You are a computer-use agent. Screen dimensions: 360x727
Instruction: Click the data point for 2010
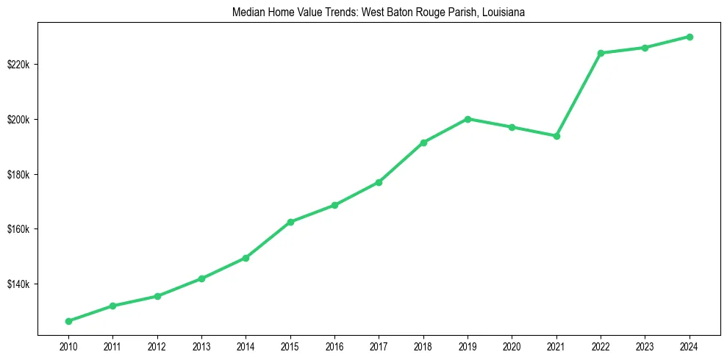(68, 321)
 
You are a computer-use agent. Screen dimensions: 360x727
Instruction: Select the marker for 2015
(290, 222)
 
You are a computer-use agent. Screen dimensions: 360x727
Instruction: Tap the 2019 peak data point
(468, 119)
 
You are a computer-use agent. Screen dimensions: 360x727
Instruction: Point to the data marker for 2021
(557, 136)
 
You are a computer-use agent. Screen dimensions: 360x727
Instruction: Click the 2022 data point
(601, 53)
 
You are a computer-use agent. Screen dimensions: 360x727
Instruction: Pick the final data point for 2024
(690, 37)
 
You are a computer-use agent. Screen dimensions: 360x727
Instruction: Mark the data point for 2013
(201, 278)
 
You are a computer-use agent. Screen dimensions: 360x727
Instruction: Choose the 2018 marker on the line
(424, 143)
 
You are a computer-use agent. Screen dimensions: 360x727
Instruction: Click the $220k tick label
(18, 65)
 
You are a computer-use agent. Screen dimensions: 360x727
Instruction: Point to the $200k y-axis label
(18, 120)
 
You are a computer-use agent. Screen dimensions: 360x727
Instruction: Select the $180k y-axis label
(18, 175)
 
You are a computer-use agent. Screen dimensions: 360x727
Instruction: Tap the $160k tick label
(18, 229)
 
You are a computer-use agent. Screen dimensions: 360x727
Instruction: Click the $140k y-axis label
(18, 284)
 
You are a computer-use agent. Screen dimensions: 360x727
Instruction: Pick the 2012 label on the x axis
(157, 345)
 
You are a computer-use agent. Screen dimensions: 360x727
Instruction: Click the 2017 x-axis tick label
(379, 345)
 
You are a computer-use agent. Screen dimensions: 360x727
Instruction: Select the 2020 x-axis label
(512, 345)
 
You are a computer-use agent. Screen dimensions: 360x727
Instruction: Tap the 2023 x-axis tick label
(645, 345)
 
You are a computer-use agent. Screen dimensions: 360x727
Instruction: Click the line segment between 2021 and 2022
(579, 94)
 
